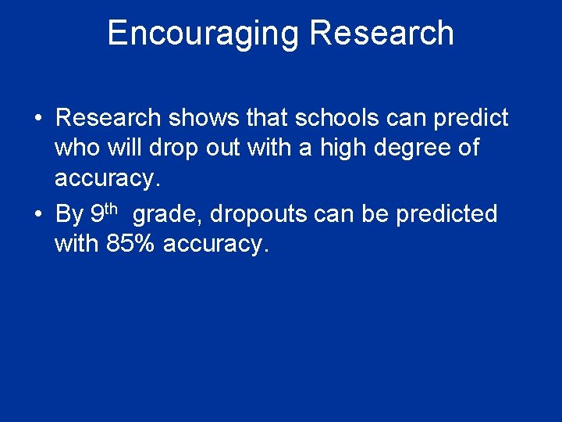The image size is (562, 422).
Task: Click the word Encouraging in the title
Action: [203, 34]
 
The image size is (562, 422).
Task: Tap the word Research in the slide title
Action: [382, 34]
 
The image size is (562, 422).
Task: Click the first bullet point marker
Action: [38, 119]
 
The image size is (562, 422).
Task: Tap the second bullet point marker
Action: [38, 214]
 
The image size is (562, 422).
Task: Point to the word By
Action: [69, 214]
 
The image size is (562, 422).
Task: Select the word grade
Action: [169, 214]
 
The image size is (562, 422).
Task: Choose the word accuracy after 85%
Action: [216, 244]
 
